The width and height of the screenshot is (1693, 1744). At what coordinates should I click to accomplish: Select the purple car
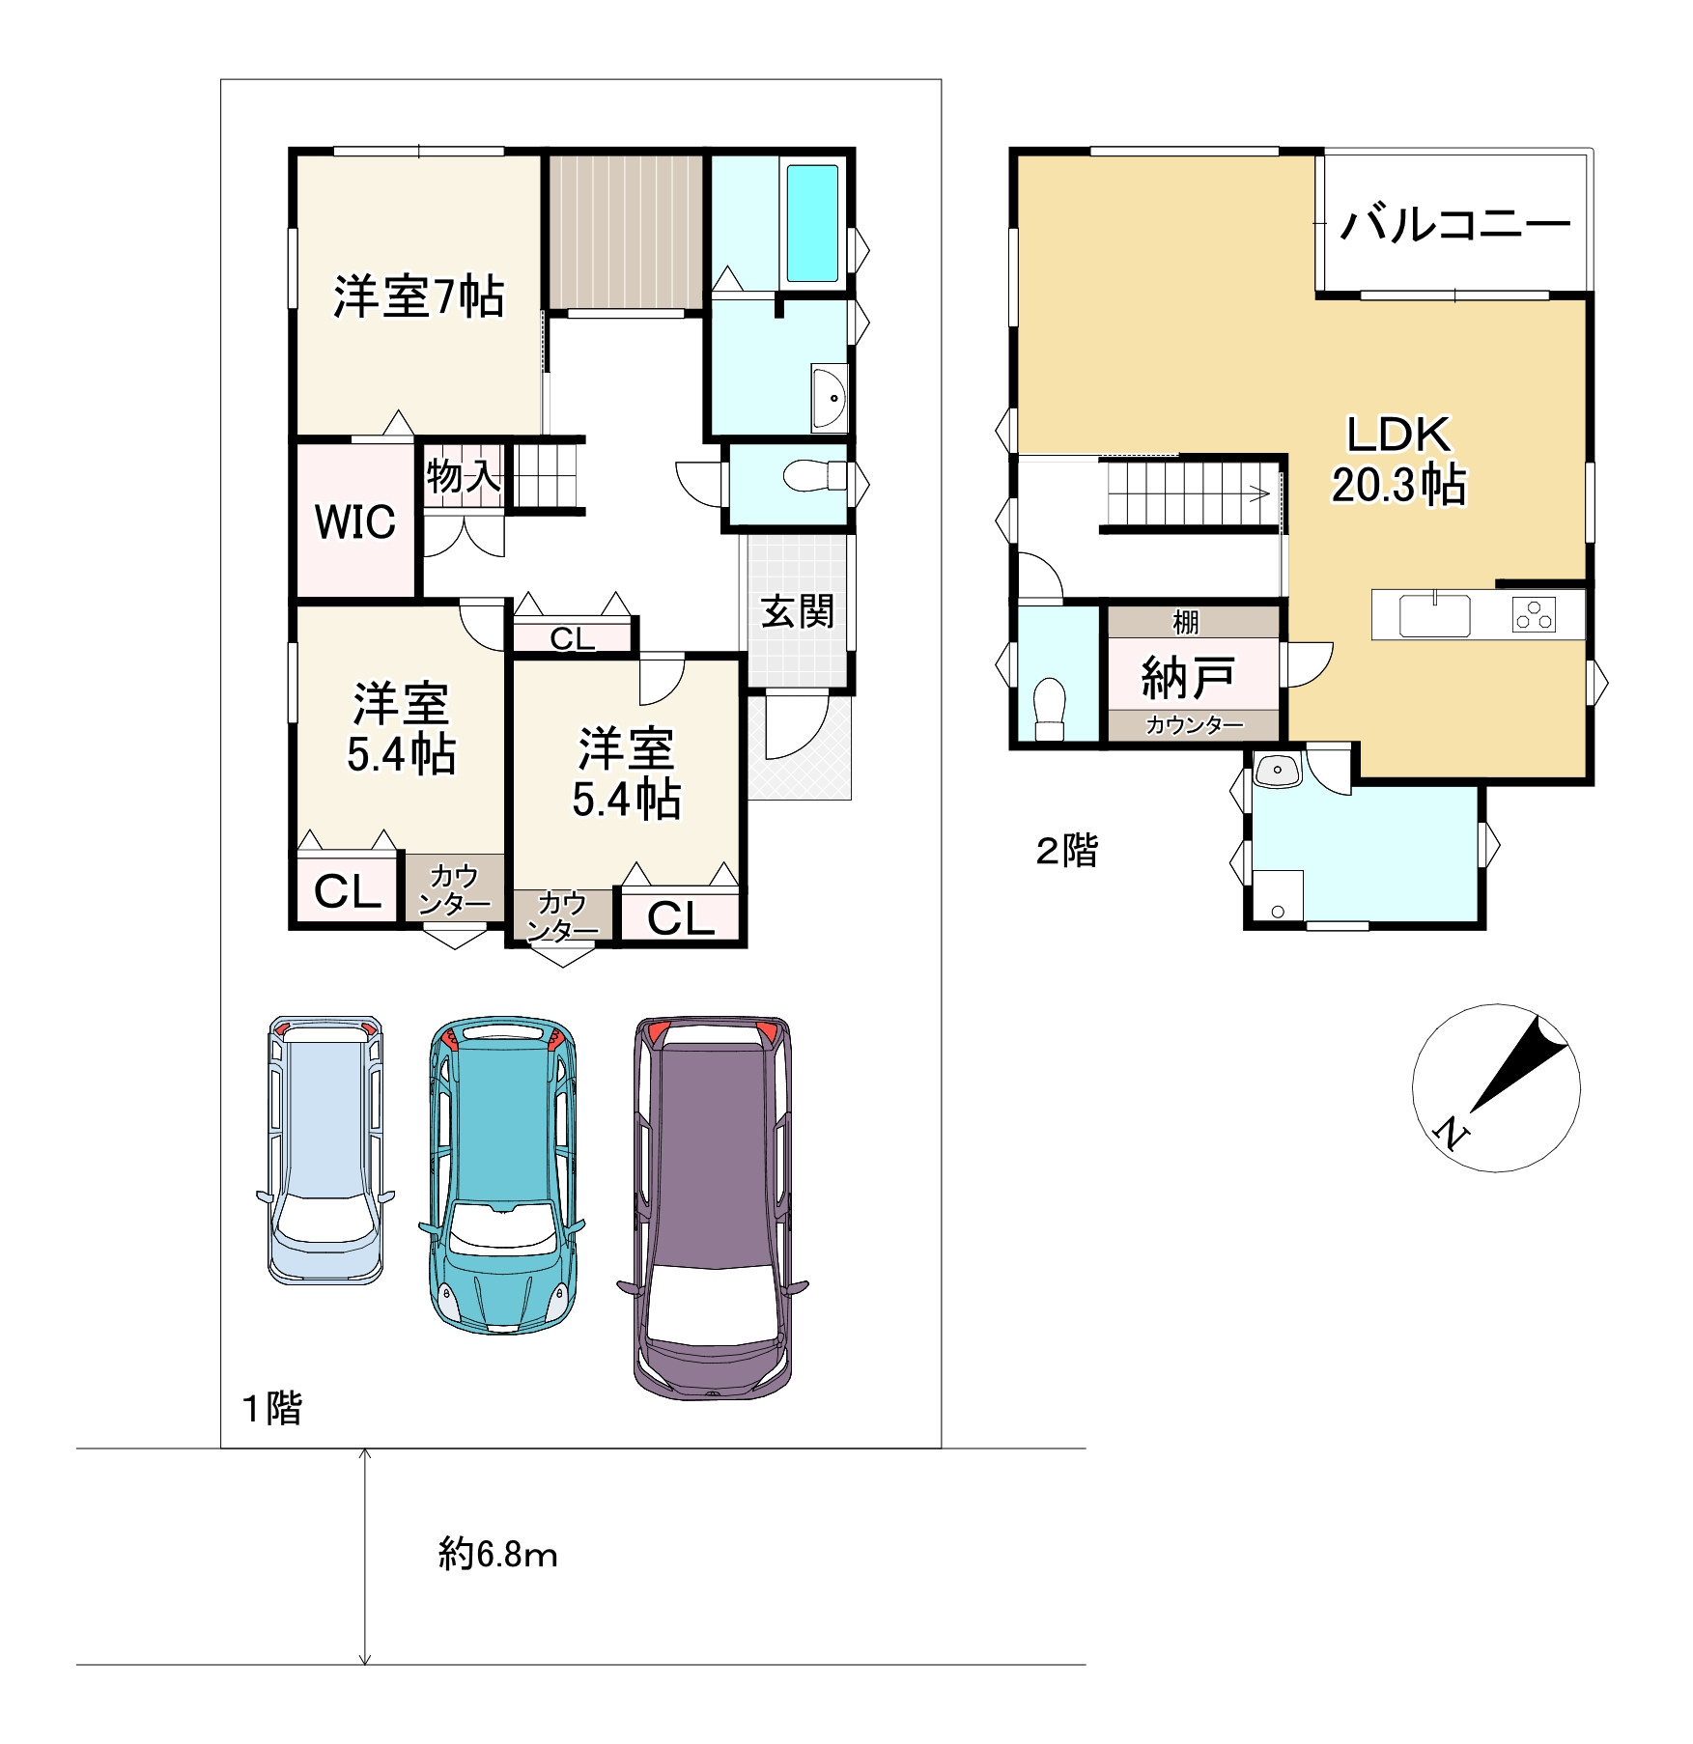point(713,1207)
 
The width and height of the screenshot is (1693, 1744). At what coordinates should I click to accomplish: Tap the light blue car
point(325,1149)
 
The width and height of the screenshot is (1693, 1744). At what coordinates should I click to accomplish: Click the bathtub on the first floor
point(812,223)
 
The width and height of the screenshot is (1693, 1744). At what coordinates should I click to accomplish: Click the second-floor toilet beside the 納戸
point(1049,709)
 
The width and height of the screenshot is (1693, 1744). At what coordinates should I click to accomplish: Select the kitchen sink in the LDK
point(1434,614)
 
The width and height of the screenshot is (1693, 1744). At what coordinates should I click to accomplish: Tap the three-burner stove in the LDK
point(1534,614)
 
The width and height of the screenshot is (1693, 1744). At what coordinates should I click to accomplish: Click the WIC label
point(355,521)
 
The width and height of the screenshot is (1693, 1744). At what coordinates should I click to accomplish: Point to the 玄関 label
point(798,611)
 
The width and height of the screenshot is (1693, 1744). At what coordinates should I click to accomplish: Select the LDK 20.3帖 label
point(1398,461)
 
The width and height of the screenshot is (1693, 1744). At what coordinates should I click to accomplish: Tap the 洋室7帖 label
point(418,296)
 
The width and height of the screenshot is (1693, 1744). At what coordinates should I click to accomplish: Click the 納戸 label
point(1188,677)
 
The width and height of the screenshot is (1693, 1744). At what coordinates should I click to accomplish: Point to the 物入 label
point(464,476)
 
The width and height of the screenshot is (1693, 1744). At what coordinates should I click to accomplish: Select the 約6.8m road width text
point(498,1554)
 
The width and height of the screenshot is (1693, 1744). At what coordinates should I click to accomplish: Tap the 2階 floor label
point(1067,851)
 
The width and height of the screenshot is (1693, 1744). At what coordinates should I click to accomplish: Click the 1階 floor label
point(272,1408)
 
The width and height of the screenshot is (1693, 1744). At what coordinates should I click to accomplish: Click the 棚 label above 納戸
point(1186,622)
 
